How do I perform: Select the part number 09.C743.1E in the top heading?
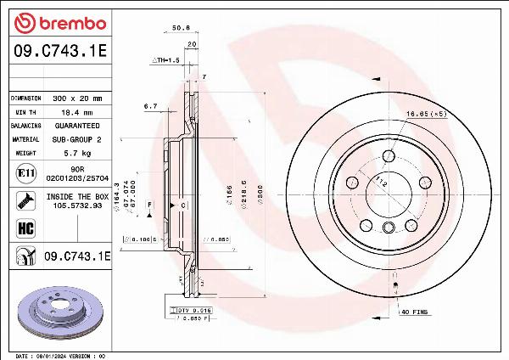pyautogui.click(x=60, y=52)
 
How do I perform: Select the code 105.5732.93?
pyautogui.click(x=79, y=205)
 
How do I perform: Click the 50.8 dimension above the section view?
pyautogui.click(x=181, y=27)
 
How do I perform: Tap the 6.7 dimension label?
pyautogui.click(x=151, y=106)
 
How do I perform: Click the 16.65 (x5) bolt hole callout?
pyautogui.click(x=426, y=113)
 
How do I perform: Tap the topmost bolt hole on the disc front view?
pyautogui.click(x=389, y=155)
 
